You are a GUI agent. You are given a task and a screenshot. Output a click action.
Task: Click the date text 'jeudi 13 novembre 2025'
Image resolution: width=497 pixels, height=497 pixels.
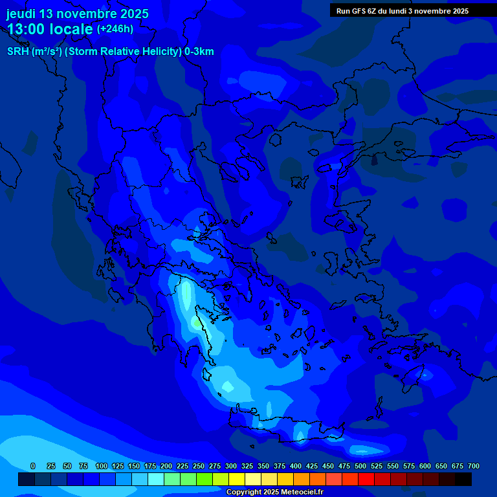pyautogui.click(x=78, y=14)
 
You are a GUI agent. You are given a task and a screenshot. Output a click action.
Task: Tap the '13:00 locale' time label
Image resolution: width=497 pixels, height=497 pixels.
pyautogui.click(x=50, y=29)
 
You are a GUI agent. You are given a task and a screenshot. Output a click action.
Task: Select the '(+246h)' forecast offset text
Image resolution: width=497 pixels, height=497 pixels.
pyautogui.click(x=115, y=28)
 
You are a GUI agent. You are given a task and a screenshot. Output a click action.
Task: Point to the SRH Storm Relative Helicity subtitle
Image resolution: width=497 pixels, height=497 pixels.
pyautogui.click(x=110, y=52)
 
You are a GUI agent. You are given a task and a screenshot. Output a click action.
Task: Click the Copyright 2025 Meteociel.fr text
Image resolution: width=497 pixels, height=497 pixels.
pyautogui.click(x=274, y=492)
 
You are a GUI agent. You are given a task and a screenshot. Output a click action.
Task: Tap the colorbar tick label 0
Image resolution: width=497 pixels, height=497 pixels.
pyautogui.click(x=33, y=466)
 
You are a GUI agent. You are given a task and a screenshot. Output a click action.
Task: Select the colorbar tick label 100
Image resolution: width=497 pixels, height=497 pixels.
pyautogui.click(x=101, y=466)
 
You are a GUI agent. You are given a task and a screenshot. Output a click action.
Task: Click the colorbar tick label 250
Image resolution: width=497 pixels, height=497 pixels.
pyautogui.click(x=198, y=466)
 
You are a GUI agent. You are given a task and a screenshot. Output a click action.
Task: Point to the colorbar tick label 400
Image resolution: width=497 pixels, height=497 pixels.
pyautogui.click(x=295, y=466)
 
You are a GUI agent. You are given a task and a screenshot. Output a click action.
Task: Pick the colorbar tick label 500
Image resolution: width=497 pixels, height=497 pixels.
pyautogui.click(x=360, y=466)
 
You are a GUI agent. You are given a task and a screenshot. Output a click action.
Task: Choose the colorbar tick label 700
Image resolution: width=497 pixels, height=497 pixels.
pyautogui.click(x=473, y=466)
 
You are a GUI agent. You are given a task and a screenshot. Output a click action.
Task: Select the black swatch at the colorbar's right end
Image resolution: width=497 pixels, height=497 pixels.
pyautogui.click(x=463, y=479)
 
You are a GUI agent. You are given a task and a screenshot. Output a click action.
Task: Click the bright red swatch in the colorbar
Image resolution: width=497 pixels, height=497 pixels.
pyautogui.click(x=366, y=479)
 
